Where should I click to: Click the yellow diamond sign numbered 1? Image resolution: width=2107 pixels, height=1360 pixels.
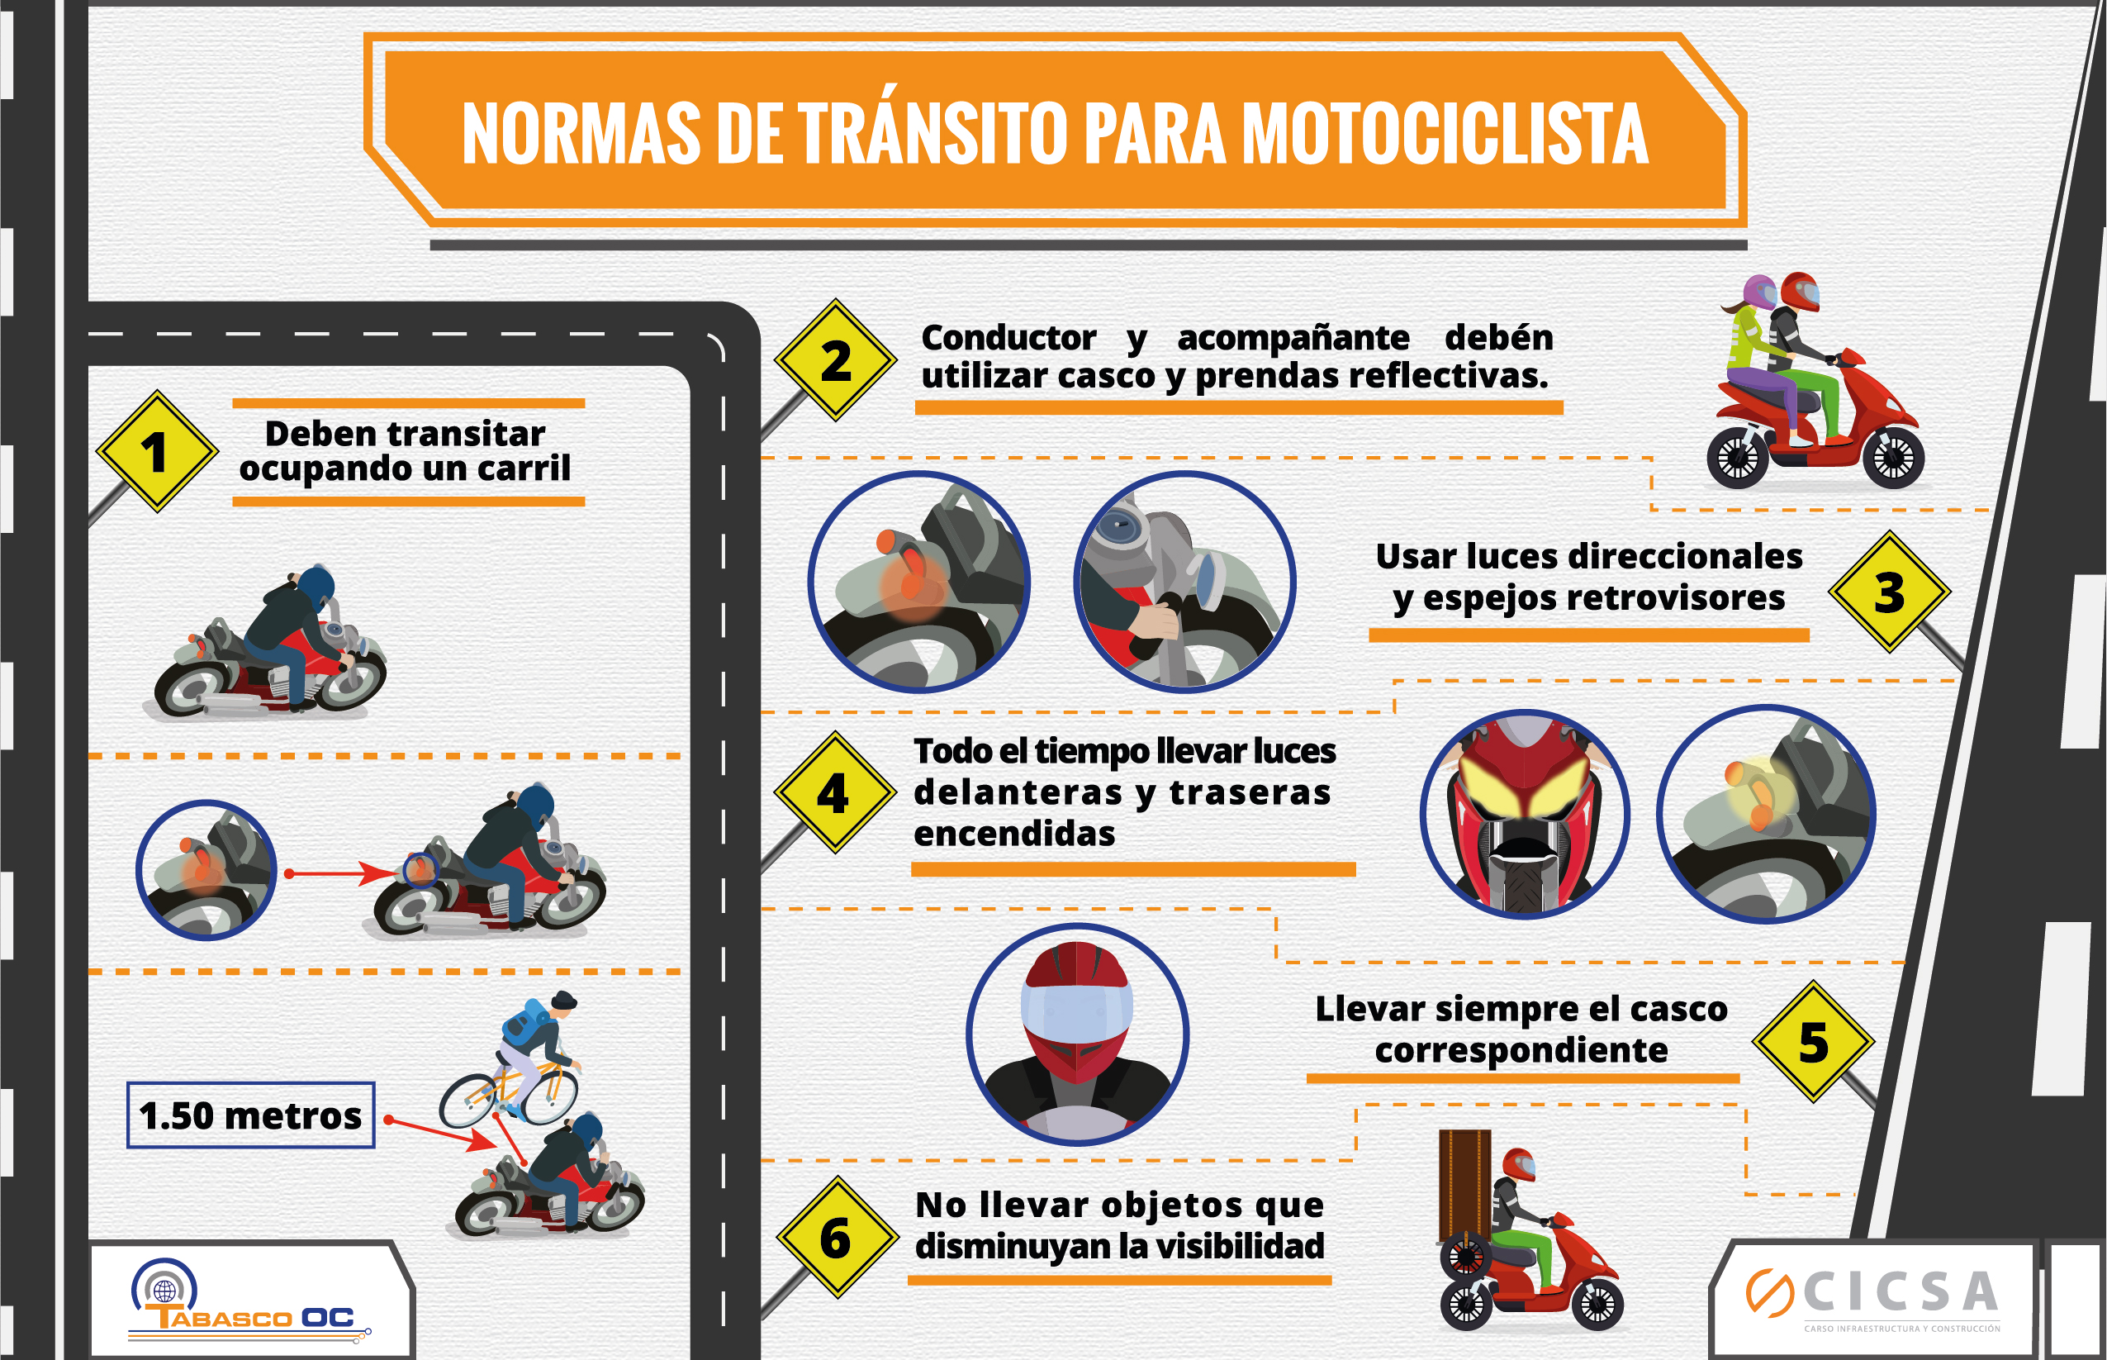point(157,451)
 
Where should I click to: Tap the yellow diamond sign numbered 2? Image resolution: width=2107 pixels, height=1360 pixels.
point(836,360)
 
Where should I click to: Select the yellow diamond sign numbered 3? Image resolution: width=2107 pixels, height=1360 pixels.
point(1889,592)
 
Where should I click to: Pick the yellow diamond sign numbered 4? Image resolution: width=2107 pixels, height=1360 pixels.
point(835,792)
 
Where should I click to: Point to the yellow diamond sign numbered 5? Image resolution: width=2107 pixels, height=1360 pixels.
point(1813,1041)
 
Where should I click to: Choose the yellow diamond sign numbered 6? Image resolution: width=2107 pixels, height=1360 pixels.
point(837,1236)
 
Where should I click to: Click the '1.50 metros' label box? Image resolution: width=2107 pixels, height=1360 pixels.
point(251,1115)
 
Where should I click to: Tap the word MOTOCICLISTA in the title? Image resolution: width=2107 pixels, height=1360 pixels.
point(1445,133)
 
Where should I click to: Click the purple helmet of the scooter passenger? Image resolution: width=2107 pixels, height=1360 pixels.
point(1759,292)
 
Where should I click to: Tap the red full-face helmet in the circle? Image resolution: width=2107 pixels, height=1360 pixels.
point(1076,1011)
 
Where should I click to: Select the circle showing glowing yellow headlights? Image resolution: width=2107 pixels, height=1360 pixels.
point(1525,814)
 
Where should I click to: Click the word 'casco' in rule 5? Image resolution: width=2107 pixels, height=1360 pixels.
point(1675,1008)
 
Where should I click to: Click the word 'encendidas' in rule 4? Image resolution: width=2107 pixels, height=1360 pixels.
point(1014,833)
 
